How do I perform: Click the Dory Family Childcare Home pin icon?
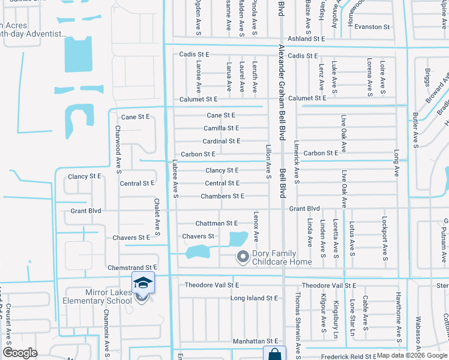click(243, 257)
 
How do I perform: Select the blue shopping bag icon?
click(273, 354)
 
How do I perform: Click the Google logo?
click(20, 353)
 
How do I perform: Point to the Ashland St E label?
click(306, 38)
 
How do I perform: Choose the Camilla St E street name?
click(221, 128)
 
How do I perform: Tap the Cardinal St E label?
click(221, 141)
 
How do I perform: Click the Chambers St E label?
click(222, 196)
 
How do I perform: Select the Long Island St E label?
click(255, 298)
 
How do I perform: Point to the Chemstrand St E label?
click(132, 267)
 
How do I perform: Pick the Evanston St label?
click(372, 27)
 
